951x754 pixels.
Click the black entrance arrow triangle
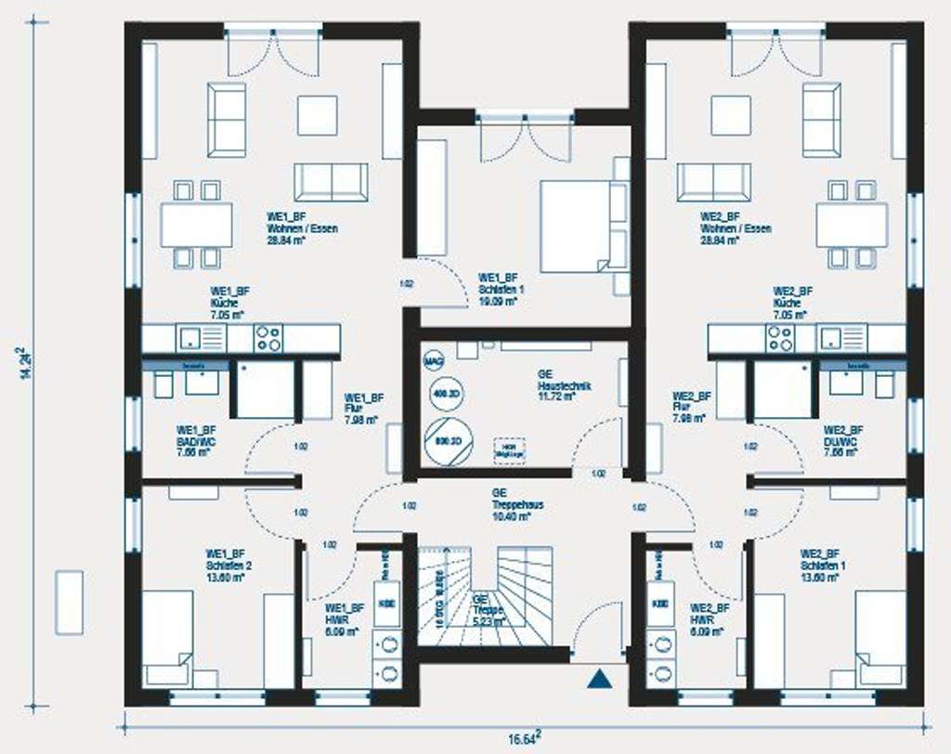point(601,680)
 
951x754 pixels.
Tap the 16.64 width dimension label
point(523,739)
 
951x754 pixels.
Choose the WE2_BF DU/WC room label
point(843,435)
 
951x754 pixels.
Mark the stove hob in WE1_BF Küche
point(268,338)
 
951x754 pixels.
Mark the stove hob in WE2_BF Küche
point(779,338)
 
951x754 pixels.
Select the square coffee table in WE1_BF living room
point(318,116)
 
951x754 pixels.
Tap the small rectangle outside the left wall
point(70,603)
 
